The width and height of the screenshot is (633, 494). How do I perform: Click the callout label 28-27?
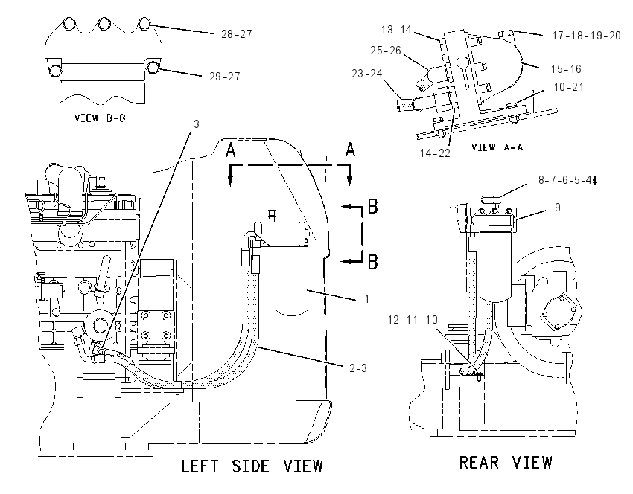point(237,34)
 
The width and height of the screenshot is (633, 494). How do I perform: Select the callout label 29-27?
point(224,76)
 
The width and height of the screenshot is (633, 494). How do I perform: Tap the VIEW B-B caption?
point(100,118)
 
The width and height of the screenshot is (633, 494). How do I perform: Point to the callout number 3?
point(197,123)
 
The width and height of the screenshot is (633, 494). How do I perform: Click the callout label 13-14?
point(396,30)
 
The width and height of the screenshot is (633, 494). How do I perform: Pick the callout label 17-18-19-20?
point(587,36)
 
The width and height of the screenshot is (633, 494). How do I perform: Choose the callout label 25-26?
point(386,51)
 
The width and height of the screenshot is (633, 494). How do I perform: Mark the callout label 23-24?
point(367,74)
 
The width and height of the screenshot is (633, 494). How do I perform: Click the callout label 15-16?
point(566,69)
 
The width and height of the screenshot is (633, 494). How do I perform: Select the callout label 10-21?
point(569,87)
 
